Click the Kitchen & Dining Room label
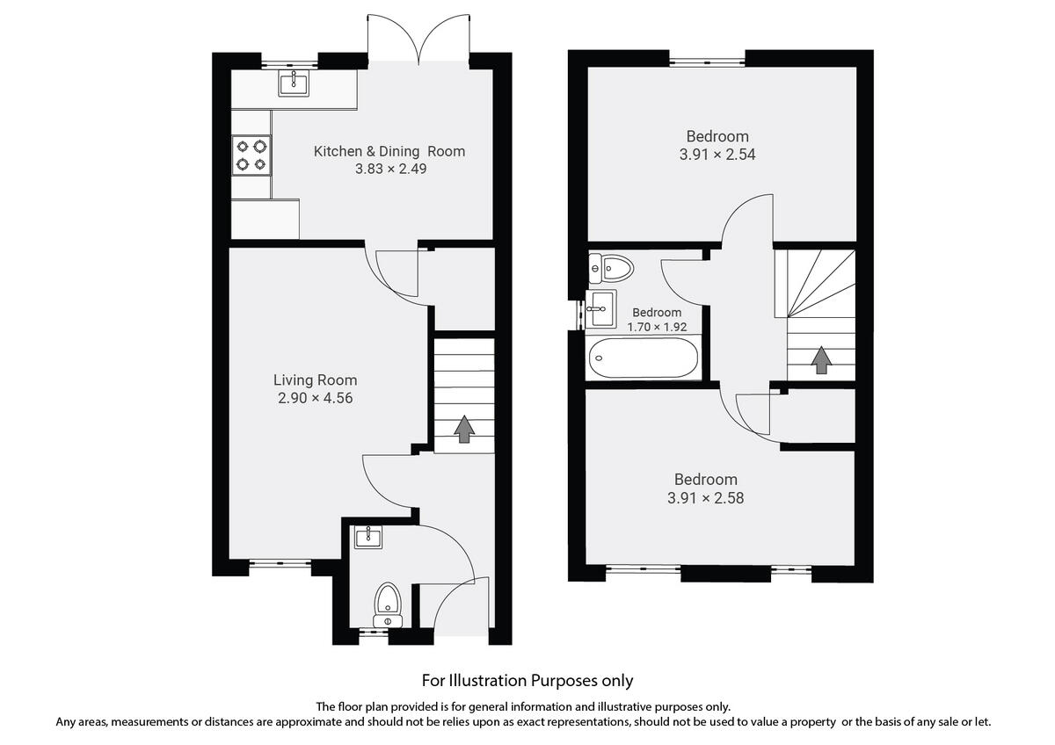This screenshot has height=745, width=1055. pos(389,151)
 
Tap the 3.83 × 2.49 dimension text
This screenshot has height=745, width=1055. pos(390,169)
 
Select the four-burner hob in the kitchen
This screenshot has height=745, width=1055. pos(251,156)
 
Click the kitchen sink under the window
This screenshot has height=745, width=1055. pos(293,84)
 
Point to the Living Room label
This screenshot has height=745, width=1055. pos(315,380)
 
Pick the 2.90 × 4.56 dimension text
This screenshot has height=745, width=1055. pos(315,398)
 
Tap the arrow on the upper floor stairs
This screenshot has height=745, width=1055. pos(820,359)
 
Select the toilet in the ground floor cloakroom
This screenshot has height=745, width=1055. pos(388,604)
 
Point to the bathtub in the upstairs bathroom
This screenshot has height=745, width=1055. pos(644,358)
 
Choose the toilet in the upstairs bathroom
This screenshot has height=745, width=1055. pos(612,266)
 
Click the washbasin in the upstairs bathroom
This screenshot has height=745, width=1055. pos(602,304)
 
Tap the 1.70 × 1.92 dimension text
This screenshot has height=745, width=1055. pos(657,327)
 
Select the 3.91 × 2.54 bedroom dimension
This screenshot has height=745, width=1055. pos(717,154)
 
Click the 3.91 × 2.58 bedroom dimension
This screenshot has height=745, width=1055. pos(705,497)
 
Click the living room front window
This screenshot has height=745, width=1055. pos(280,563)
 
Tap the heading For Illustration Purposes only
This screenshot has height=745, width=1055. pos(527,680)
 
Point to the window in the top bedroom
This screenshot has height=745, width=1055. pos(707,61)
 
